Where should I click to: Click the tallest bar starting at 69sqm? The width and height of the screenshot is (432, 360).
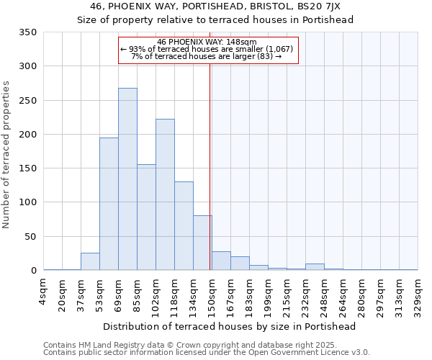127,179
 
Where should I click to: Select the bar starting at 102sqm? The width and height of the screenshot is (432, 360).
165,194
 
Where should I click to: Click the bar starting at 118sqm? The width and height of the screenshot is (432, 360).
184,226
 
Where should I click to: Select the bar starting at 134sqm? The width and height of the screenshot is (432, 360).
202,243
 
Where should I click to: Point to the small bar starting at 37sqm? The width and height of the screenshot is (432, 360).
90,262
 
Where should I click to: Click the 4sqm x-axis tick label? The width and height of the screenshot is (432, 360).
43,291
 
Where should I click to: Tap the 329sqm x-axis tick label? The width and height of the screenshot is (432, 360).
418,295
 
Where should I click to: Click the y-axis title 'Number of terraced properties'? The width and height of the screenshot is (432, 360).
6,154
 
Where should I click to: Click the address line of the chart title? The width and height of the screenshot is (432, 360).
215,6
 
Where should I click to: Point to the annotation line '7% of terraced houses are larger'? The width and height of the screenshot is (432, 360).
206,56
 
